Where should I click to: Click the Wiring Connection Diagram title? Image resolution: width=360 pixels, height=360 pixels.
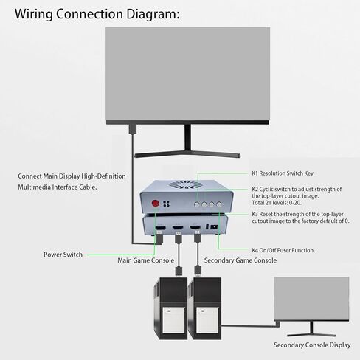click(x=97, y=14)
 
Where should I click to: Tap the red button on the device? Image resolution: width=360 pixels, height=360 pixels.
click(x=156, y=204)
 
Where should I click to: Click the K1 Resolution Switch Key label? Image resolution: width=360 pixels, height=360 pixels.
click(x=283, y=173)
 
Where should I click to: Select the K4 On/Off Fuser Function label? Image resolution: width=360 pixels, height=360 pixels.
click(x=283, y=250)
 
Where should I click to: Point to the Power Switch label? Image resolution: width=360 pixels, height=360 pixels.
click(x=63, y=255)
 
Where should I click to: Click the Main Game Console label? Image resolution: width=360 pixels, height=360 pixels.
click(x=146, y=260)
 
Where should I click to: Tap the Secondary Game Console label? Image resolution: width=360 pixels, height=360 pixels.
click(x=240, y=260)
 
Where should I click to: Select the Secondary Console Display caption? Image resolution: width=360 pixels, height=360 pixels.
click(x=312, y=345)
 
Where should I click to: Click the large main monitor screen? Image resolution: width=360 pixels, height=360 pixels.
click(x=187, y=74)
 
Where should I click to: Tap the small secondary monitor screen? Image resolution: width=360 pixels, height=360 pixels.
click(x=311, y=299)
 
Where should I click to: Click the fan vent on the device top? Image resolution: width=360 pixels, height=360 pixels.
click(x=186, y=185)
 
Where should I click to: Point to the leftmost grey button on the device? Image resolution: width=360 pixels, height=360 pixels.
click(x=197, y=204)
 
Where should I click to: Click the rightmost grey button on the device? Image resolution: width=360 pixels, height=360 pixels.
click(x=219, y=204)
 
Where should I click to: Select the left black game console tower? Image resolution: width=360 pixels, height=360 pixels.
click(x=170, y=308)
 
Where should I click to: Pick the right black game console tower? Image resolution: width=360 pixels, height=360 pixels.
click(x=204, y=308)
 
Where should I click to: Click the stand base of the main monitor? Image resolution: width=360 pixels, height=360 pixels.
click(x=187, y=154)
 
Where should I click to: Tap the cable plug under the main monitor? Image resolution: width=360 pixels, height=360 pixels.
click(x=133, y=129)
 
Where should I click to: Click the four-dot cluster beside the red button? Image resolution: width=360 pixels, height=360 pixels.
click(x=166, y=204)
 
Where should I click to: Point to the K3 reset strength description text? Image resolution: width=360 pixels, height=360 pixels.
click(x=300, y=218)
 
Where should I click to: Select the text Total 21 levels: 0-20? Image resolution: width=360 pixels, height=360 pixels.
click(x=277, y=203)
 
